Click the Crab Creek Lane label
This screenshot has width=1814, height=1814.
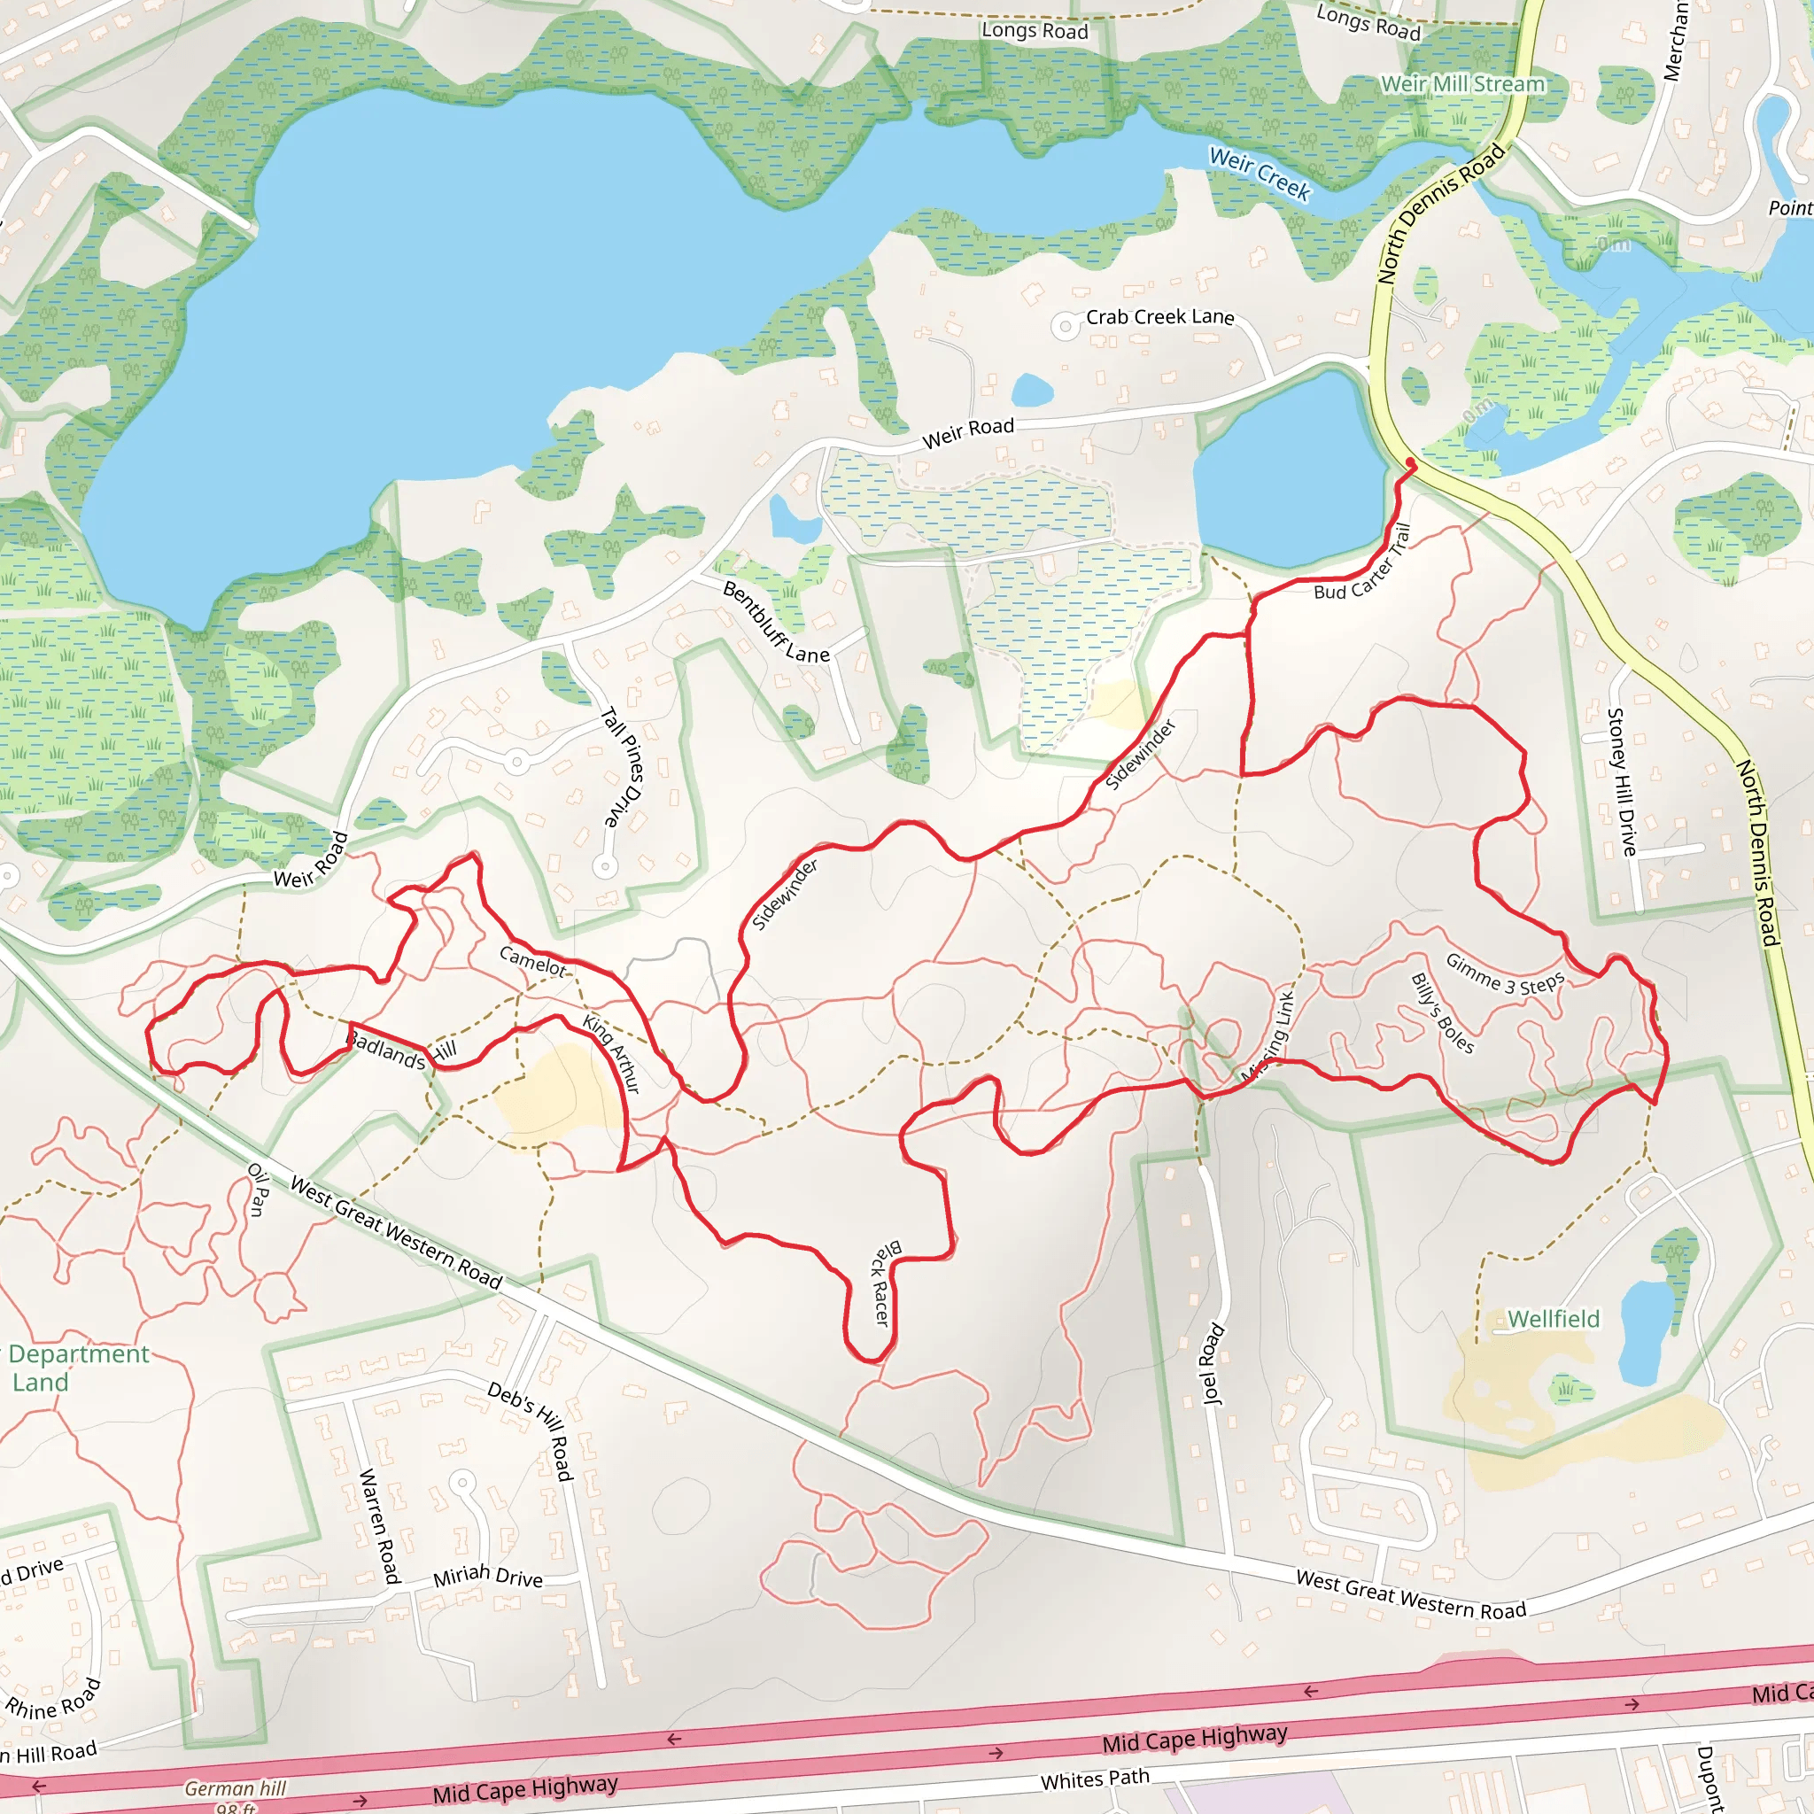(x=1159, y=317)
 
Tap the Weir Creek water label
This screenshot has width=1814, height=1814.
(x=1260, y=174)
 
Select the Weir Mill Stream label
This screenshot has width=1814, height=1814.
(x=1463, y=84)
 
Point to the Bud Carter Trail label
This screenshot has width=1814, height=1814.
(x=1362, y=563)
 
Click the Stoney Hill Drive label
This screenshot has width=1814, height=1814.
(x=1622, y=781)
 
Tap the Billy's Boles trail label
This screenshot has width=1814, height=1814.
(x=1442, y=1014)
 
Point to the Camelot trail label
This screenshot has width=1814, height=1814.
(x=532, y=960)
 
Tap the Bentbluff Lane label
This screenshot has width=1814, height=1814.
(x=776, y=623)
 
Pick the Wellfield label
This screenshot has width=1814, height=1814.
(x=1553, y=1319)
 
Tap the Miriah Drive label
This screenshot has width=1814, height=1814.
(x=487, y=1576)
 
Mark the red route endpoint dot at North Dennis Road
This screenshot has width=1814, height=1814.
(x=1410, y=462)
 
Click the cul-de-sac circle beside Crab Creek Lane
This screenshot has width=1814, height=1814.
(x=1065, y=327)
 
